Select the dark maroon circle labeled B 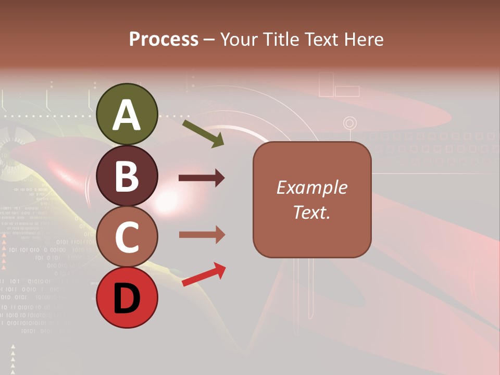(x=127, y=176)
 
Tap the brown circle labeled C (x=127, y=237)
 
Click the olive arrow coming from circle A (x=203, y=133)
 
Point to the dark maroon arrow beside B (x=202, y=178)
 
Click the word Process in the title (x=164, y=39)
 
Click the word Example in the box (x=311, y=187)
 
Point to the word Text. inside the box (x=311, y=212)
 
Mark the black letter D (x=127, y=299)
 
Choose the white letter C (x=127, y=238)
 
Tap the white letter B (x=127, y=176)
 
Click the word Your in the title (x=240, y=39)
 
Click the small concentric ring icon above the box (x=350, y=123)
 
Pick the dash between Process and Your (x=209, y=40)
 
